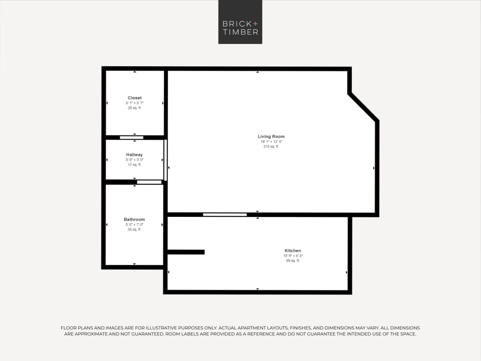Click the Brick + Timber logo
240,22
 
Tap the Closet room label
135,98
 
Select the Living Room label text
271,137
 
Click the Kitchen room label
293,251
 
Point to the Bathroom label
134,219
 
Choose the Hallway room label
134,155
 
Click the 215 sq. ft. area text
271,147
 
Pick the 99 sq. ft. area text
293,261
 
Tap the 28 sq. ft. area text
135,108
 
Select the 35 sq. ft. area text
134,230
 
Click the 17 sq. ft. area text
134,165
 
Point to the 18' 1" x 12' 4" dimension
271,142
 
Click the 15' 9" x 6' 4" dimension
293,256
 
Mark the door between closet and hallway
131,137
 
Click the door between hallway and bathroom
149,182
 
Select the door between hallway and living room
165,160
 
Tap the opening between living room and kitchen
225,215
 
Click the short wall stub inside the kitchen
186,252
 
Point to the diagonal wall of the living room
363,107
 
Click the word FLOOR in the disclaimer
68,328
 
